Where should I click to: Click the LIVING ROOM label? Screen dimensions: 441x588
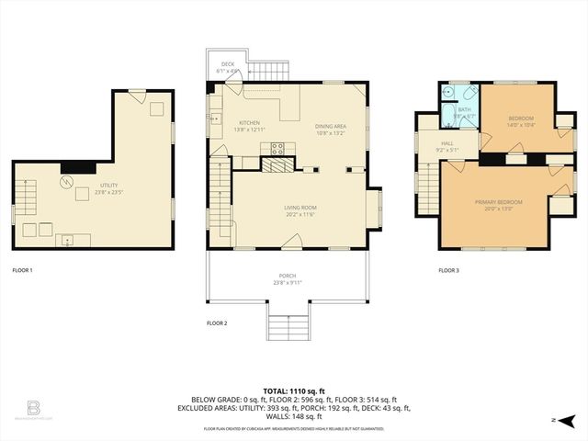300,208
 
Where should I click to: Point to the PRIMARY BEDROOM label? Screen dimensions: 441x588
498,201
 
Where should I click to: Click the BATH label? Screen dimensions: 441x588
463,109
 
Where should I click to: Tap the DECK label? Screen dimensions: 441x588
227,64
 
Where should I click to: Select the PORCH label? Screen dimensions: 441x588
288,275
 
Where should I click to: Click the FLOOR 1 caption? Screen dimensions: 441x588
22,270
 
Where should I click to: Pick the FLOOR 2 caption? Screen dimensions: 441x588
217,322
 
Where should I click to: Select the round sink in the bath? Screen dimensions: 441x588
447,93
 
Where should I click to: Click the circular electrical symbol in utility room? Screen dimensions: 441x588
66,182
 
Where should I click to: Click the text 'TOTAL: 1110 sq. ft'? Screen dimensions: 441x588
294,391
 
